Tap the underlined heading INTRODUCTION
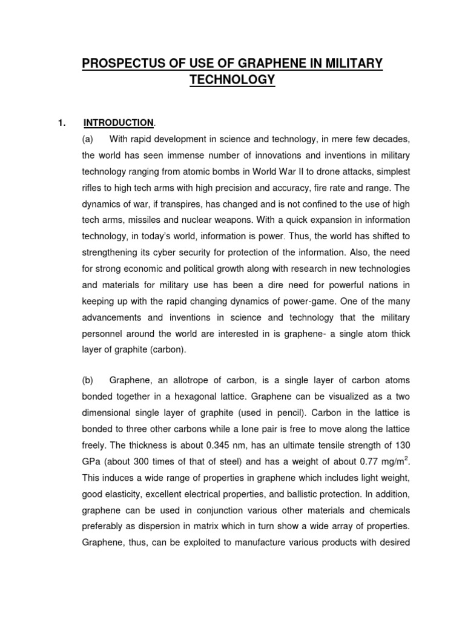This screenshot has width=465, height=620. (119, 123)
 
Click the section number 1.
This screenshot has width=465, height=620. (61, 123)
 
